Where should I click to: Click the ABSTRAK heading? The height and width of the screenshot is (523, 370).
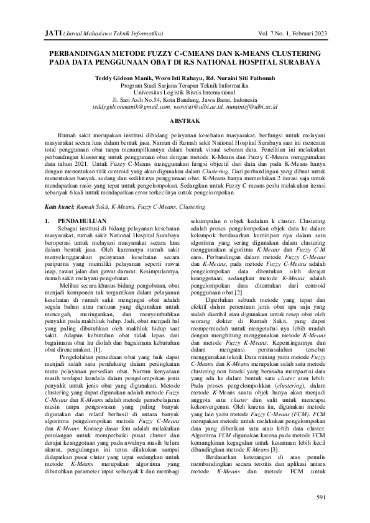point(185,122)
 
